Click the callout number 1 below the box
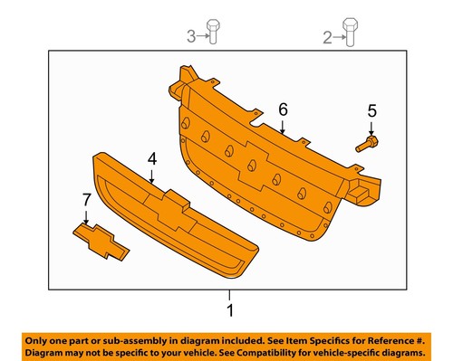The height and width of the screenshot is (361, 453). (x=229, y=310)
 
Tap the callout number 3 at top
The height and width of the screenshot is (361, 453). (x=191, y=37)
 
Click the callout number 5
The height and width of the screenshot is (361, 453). (x=370, y=111)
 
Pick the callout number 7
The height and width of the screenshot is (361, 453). (x=86, y=198)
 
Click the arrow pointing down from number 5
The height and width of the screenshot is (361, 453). (x=370, y=127)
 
